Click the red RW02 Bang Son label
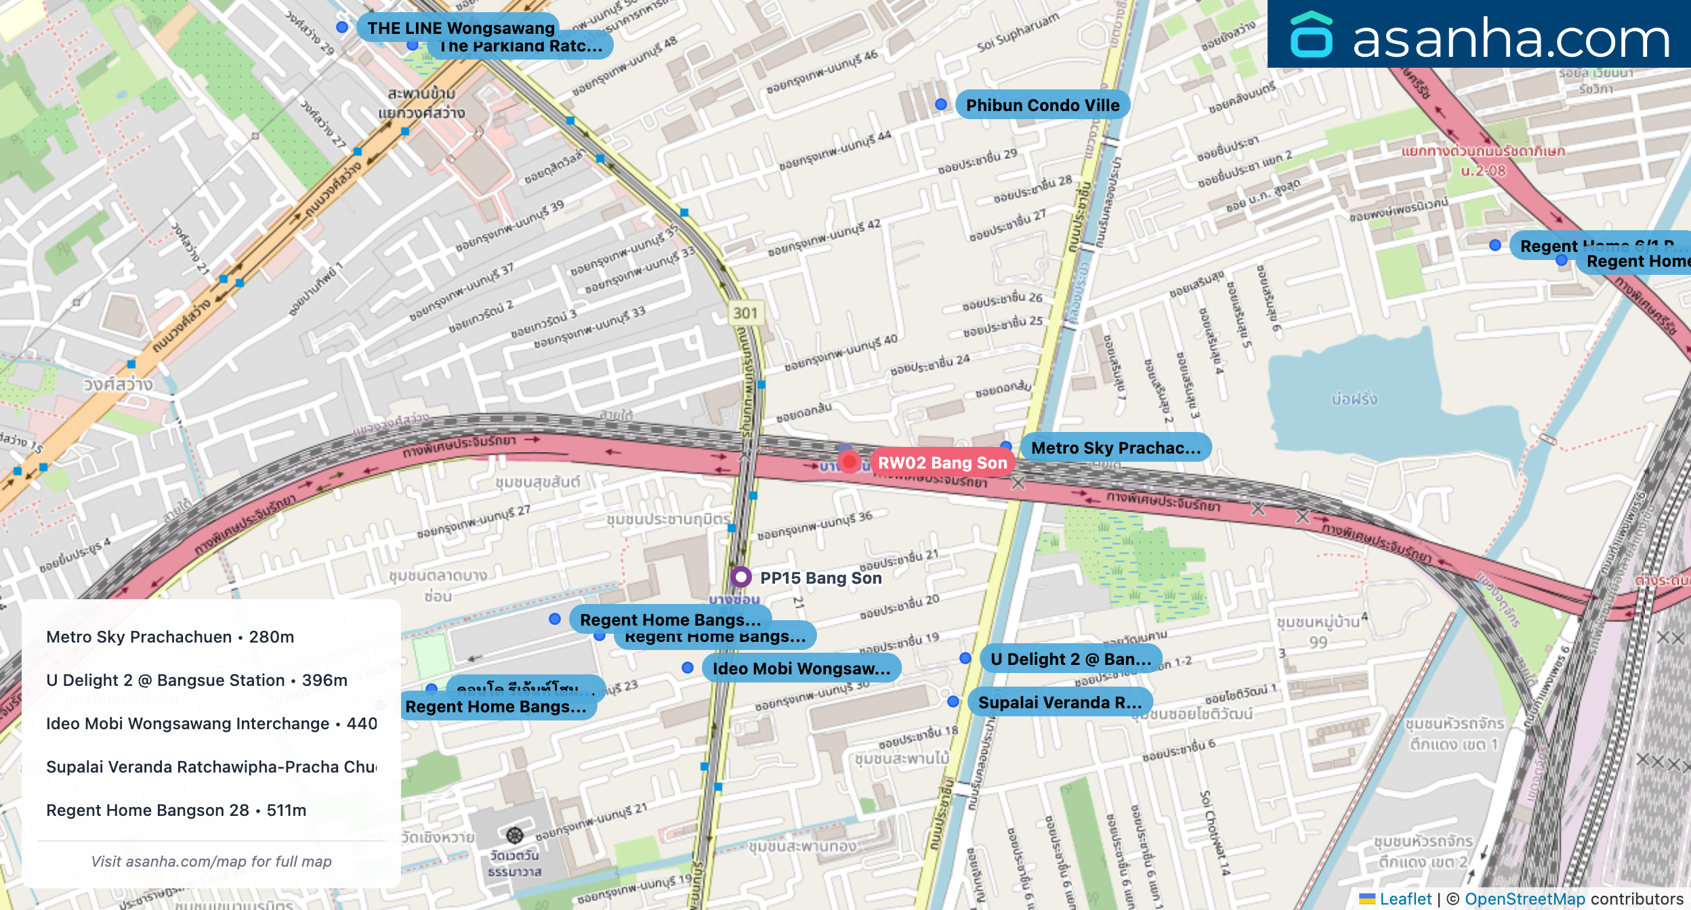[942, 463]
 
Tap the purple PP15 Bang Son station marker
[741, 577]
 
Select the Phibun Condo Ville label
[1042, 105]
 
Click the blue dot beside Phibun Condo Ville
[941, 104]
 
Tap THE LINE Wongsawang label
[461, 28]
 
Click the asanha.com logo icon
[1311, 35]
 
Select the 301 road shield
[745, 313]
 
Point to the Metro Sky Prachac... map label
[1115, 448]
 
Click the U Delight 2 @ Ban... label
[1070, 659]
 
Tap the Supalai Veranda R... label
[1060, 702]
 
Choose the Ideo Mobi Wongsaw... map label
[801, 668]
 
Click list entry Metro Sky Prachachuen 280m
[170, 637]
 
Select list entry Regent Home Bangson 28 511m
[176, 810]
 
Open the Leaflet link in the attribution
[1405, 899]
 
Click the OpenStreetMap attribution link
[1524, 899]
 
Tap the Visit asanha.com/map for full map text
[211, 861]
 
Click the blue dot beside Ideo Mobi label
[688, 668]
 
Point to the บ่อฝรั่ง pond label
[1354, 399]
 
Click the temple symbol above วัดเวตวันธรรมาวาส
[515, 834]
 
